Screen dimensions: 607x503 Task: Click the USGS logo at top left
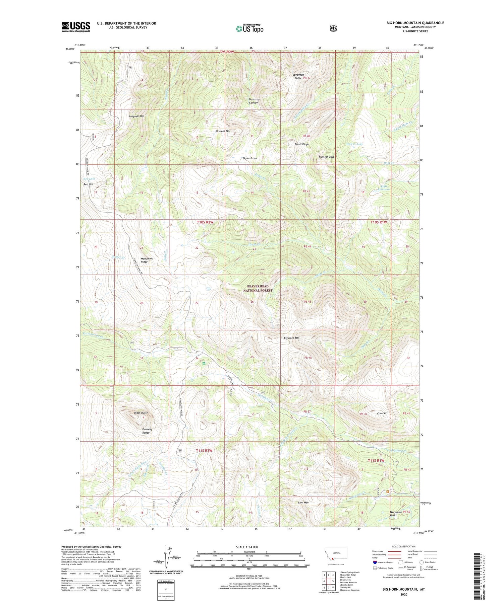tap(76, 27)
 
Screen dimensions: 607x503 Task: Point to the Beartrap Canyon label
tap(254, 101)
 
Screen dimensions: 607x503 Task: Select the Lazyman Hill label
tap(137, 116)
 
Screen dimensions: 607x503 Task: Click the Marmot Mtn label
tap(223, 131)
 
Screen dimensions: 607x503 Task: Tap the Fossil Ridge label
tap(302, 144)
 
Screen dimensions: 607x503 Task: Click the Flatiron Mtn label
tap(326, 157)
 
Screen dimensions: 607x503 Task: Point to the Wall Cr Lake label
tap(354, 144)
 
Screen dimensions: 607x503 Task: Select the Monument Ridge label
tap(147, 260)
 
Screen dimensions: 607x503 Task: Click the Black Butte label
tap(141, 413)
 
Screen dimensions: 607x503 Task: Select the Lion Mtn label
tap(303, 502)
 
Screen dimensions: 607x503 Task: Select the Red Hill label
tap(88, 184)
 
